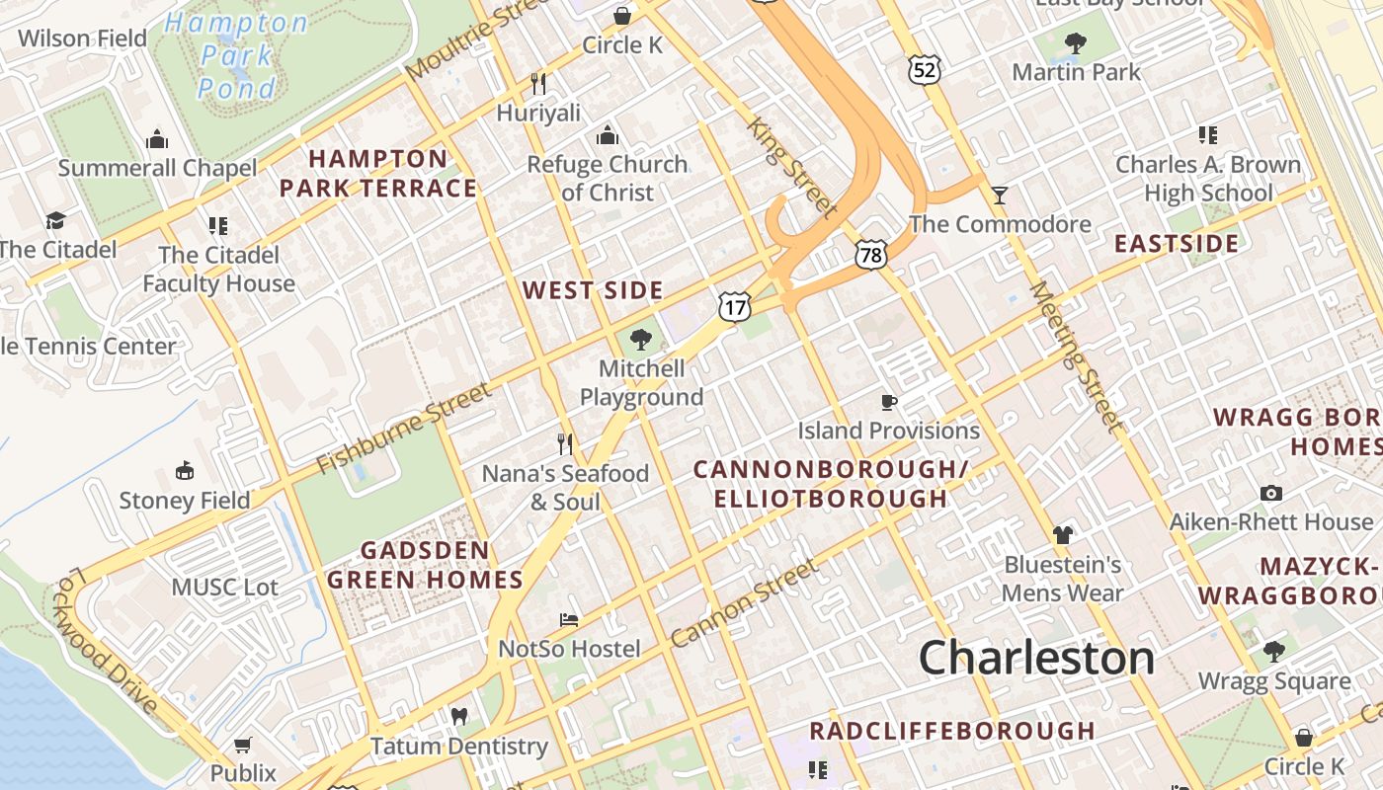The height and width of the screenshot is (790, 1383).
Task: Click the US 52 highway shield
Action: click(925, 69)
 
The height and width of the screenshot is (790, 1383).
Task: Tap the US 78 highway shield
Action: click(871, 255)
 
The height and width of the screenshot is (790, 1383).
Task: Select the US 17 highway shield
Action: click(734, 308)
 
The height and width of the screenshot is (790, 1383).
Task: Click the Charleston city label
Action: click(1036, 658)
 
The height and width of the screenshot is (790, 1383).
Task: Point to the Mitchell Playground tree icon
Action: click(641, 341)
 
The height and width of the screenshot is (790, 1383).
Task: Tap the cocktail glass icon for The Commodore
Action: click(1000, 195)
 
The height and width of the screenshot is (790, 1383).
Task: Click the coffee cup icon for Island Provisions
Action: click(889, 402)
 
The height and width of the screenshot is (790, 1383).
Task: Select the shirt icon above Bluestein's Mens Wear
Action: click(1062, 535)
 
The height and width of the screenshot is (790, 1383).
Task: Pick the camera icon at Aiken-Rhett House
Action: click(1271, 493)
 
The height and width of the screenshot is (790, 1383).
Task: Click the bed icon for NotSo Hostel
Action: click(569, 620)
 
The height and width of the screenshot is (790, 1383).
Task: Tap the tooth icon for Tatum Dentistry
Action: click(458, 716)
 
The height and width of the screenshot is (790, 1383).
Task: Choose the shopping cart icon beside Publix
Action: click(243, 745)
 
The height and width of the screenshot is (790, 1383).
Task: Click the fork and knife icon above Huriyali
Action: click(538, 83)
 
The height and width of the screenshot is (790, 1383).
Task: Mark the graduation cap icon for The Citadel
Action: click(55, 220)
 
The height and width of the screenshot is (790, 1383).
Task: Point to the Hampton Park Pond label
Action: click(236, 55)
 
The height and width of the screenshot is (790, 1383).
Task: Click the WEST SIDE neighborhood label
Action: click(593, 290)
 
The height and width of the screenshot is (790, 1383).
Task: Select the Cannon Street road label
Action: click(744, 603)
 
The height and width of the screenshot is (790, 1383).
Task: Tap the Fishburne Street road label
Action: click(404, 429)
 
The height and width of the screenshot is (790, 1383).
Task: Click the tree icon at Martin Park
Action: click(1076, 43)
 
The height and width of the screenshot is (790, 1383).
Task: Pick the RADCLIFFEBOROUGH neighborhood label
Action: click(952, 731)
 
